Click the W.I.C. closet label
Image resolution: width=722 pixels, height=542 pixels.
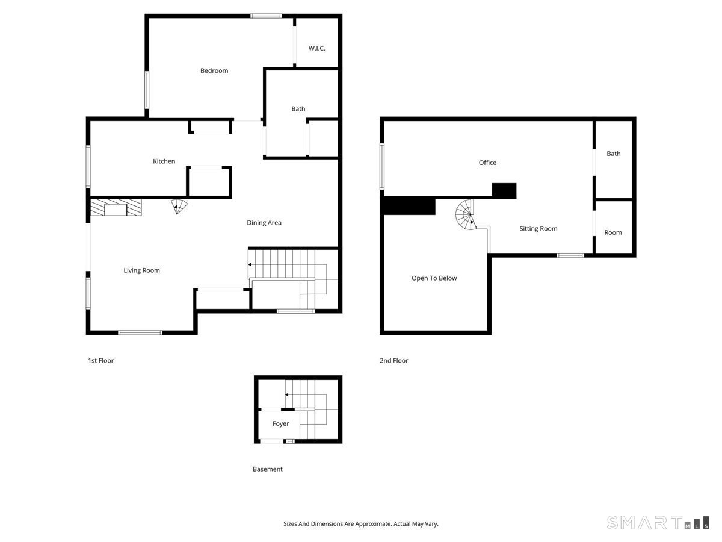[316, 48]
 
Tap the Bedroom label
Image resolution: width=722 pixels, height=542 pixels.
[214, 71]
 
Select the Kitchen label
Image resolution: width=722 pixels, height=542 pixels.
[164, 161]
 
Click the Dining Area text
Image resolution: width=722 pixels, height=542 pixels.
[264, 223]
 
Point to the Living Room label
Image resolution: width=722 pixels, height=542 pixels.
[142, 270]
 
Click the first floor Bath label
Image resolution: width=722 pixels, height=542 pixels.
[298, 109]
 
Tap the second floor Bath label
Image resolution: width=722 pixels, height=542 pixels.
[613, 154]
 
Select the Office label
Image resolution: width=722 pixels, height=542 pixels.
[487, 163]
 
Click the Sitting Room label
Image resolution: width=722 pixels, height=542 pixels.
[538, 229]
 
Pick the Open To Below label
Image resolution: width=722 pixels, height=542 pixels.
[434, 278]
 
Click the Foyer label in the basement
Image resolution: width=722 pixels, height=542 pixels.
[280, 424]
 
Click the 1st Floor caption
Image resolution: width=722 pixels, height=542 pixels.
[100, 361]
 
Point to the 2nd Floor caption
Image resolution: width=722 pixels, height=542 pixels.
[393, 361]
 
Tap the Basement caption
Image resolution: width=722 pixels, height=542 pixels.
[267, 469]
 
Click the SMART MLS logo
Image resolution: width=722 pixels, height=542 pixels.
[657, 522]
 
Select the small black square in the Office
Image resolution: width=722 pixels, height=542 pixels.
[504, 191]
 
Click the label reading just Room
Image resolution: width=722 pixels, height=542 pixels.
[613, 233]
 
